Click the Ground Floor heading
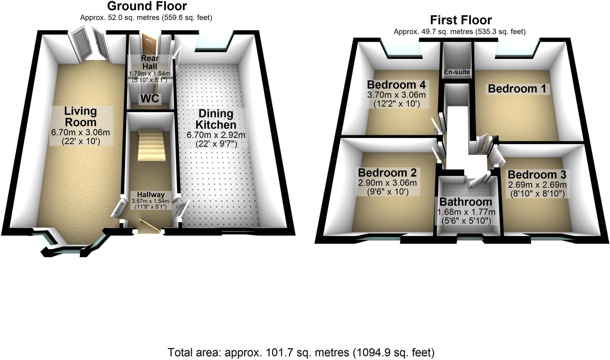pyautogui.click(x=147, y=6)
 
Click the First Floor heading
pyautogui.click(x=460, y=20)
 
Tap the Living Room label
pyautogui.click(x=80, y=117)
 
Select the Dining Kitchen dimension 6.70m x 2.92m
pyautogui.click(x=216, y=135)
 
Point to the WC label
pyautogui.click(x=150, y=99)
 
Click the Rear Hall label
pyautogui.click(x=150, y=62)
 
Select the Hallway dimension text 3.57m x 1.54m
pyautogui.click(x=150, y=201)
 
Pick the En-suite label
pyautogui.click(x=457, y=72)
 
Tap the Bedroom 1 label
pyautogui.click(x=517, y=89)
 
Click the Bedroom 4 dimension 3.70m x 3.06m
pyautogui.click(x=396, y=95)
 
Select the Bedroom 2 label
pyautogui.click(x=387, y=173)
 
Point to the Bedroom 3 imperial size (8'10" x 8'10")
pyautogui.click(x=537, y=194)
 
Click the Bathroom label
pyautogui.click(x=466, y=202)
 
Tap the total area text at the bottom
pyautogui.click(x=301, y=353)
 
